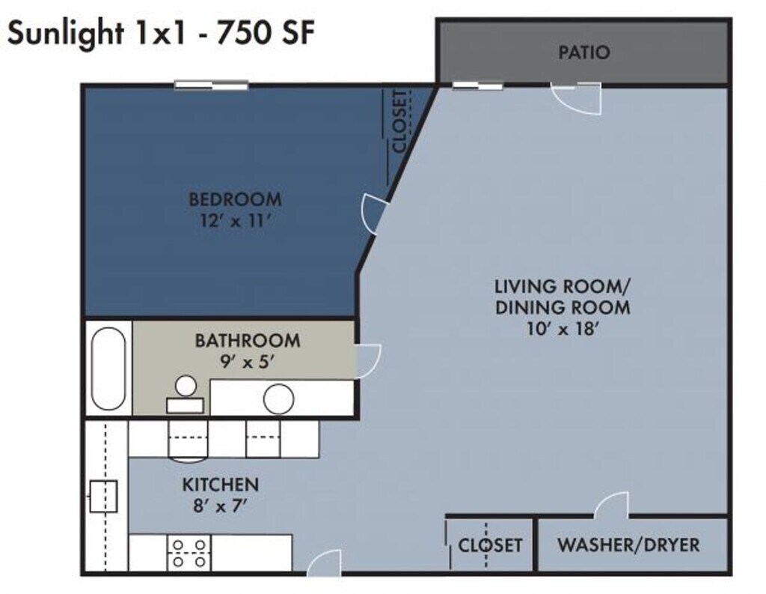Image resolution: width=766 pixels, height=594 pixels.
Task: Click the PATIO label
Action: (x=583, y=52)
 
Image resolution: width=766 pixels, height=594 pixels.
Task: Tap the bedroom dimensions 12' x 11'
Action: (x=235, y=221)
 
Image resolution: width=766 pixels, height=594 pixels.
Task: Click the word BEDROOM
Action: (x=235, y=200)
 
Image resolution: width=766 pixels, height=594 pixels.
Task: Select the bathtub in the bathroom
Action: (x=108, y=368)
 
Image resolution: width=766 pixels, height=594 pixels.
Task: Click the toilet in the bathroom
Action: (x=186, y=394)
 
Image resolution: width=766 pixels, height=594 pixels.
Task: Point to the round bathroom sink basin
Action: (x=278, y=398)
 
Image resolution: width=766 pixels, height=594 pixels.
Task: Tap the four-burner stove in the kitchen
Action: (x=189, y=553)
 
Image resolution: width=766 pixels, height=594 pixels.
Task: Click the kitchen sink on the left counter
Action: (x=103, y=496)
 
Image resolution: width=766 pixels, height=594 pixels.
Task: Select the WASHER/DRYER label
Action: (x=628, y=545)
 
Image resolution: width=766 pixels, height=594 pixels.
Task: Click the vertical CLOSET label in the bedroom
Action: (x=399, y=121)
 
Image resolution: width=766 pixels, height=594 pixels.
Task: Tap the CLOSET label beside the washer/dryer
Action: (x=490, y=545)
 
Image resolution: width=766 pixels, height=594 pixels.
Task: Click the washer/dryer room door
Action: (x=610, y=505)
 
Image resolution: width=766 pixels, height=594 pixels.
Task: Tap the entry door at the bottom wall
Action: (x=325, y=563)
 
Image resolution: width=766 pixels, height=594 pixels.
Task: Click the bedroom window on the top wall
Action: (x=212, y=85)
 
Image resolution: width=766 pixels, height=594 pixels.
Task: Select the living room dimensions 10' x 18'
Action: (x=563, y=329)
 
